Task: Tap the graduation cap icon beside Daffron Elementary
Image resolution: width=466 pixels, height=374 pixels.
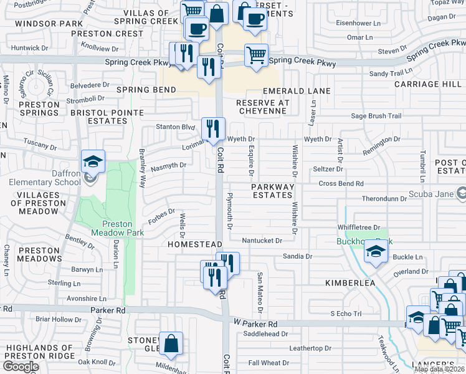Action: (x=93, y=162)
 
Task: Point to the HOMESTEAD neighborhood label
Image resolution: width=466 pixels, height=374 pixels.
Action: (x=194, y=245)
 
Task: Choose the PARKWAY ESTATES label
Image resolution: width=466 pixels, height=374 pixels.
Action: (x=272, y=191)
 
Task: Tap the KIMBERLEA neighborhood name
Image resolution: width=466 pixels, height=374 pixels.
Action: (x=350, y=283)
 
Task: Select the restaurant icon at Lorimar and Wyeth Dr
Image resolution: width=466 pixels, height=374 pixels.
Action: (x=213, y=129)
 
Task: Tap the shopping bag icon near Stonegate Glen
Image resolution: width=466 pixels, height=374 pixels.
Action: (x=171, y=343)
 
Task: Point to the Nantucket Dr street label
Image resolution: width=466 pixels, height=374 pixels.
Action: (x=262, y=240)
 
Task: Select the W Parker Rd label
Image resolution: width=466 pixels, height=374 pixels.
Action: (x=255, y=324)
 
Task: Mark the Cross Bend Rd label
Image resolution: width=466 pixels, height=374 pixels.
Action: (x=341, y=183)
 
